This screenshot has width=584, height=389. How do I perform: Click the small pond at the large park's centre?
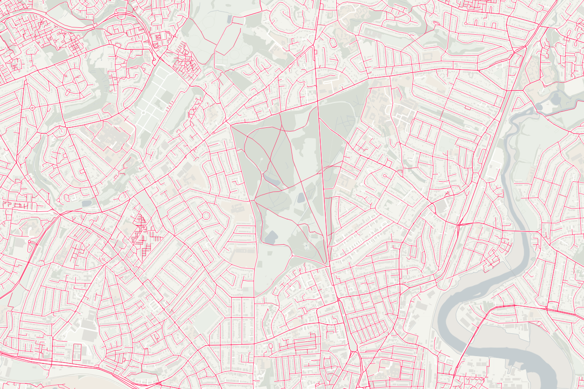coord(301,198)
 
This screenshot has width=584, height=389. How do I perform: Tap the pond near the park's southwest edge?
coord(271,237)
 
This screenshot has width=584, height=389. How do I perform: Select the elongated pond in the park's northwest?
coord(272,179)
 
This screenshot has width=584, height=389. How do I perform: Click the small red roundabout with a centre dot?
coord(32,108)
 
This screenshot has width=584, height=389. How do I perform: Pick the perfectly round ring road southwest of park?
coord(206,215)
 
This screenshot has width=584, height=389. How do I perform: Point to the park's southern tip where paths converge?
coord(327,264)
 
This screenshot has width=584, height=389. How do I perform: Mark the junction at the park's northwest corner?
coord(231,124)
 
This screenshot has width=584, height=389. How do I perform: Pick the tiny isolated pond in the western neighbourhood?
coord(87,203)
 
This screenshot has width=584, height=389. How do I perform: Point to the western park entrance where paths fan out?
coord(254,200)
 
